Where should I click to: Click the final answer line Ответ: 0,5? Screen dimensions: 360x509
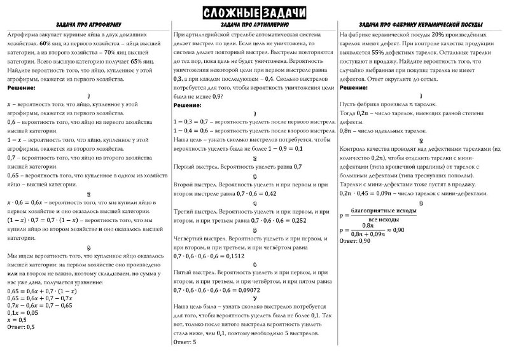pos(20,327)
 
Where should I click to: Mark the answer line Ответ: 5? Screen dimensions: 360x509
pos(185,342)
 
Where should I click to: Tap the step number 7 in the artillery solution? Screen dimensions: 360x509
pos(254,296)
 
